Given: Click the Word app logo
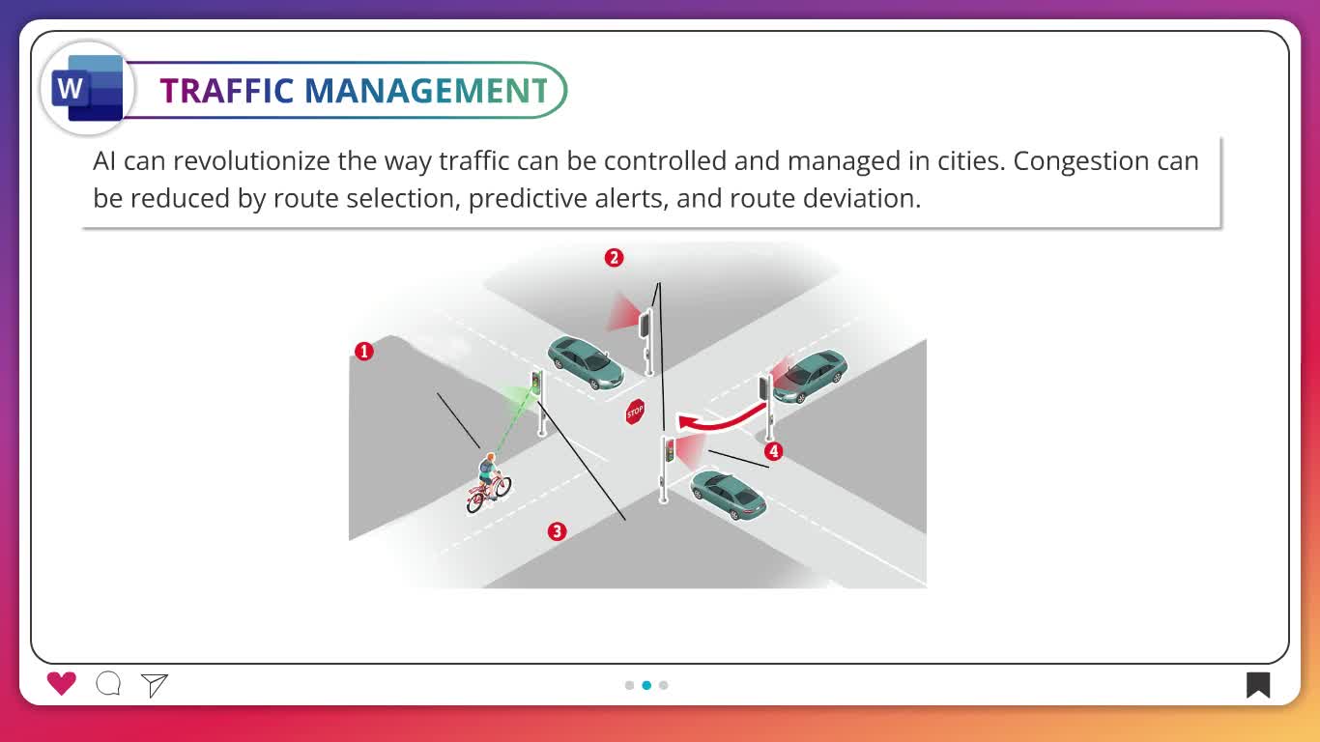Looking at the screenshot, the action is pos(88,89).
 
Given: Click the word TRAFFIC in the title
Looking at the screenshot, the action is pos(227,91).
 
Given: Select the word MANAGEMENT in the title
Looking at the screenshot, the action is pos(427,91).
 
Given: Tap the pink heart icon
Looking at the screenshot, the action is pos(62,684).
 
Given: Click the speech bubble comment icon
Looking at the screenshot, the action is pos(108,684).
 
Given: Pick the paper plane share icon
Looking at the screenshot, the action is pos(155,685).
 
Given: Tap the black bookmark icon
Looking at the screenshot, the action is pos(1257,685).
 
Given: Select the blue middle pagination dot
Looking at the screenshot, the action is pos(646,685).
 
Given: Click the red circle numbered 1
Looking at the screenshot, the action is pos(364,352).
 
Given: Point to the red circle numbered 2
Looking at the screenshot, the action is pos(614,258).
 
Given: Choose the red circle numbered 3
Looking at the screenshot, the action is pos(557,531).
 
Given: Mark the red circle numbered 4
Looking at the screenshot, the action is pos(774,451).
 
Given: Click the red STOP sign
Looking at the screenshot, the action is pos(635,412).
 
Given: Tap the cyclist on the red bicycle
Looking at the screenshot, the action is pos(489,483).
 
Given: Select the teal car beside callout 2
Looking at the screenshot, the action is pos(586,362).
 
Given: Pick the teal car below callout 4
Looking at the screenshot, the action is pos(729,495).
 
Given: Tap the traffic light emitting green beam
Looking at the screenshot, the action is pos(538,403).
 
